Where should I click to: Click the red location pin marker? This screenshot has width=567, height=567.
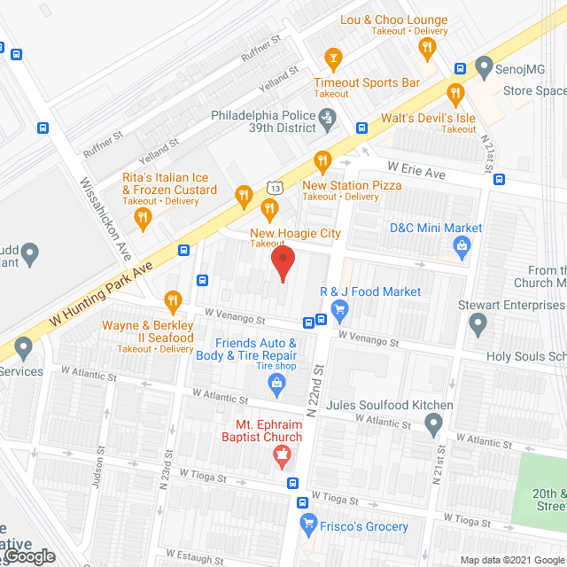point(283,260)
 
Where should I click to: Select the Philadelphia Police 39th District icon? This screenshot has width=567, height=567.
point(328,116)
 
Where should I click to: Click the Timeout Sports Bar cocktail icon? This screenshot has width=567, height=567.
point(333,59)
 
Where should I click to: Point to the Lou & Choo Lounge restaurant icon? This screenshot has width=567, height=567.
point(426,48)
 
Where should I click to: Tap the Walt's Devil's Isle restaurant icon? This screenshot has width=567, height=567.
point(455,93)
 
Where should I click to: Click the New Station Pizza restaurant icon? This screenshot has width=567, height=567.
point(322,161)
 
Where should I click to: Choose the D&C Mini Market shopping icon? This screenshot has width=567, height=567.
point(460,252)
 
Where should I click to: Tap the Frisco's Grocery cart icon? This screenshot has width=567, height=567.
point(308,523)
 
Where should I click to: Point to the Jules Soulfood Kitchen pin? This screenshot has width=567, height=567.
point(433,426)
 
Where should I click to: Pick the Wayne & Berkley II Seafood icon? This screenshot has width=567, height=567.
point(173,301)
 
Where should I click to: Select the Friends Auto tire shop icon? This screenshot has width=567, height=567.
point(277,383)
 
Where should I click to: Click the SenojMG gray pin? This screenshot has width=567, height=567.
point(483,66)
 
